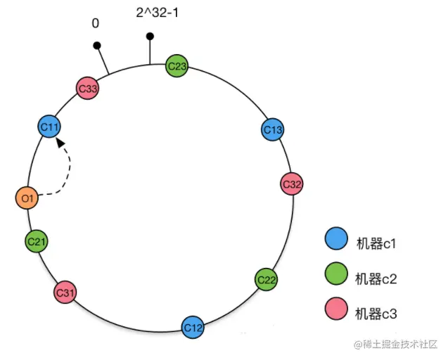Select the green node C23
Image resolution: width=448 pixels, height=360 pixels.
point(177,67)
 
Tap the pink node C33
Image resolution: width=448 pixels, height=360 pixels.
point(88,89)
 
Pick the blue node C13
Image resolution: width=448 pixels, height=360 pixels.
point(273,129)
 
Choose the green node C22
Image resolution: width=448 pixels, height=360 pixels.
point(266,279)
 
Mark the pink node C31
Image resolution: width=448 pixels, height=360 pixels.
point(65,292)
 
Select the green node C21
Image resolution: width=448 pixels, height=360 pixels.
point(37,242)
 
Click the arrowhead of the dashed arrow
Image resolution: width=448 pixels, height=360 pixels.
point(61,142)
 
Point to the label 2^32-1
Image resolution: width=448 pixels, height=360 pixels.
point(157,13)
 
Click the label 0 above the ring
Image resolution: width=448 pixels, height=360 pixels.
point(95,23)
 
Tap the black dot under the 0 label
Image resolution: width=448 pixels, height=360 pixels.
point(97,46)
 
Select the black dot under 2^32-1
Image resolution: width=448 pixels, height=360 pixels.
point(149,37)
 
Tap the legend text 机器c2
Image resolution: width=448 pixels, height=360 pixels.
point(376,278)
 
